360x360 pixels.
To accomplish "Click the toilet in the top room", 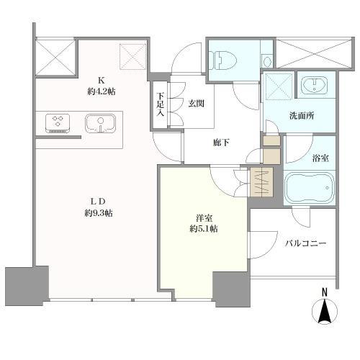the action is click(x=222, y=60).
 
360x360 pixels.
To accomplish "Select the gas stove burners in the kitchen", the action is click(x=58, y=123).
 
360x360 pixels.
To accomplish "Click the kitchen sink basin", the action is click(x=100, y=123).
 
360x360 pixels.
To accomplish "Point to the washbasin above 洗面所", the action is click(x=314, y=85).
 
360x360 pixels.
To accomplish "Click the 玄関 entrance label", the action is click(x=196, y=104).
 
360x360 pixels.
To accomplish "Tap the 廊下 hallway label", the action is click(x=221, y=143).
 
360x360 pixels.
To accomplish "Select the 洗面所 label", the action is click(x=302, y=116).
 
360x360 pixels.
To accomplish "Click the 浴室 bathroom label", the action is click(x=320, y=158).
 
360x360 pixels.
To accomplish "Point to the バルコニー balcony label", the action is click(x=306, y=243).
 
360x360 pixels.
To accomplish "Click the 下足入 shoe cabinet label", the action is click(x=161, y=104).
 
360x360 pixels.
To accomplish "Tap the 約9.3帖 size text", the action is click(x=99, y=213).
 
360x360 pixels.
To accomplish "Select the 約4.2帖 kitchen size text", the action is click(x=101, y=91).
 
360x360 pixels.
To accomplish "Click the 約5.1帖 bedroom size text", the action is click(x=204, y=229).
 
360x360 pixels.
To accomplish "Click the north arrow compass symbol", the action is click(x=325, y=312).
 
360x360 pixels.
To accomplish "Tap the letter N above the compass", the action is click(x=325, y=292).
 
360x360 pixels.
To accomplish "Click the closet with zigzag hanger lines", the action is click(x=261, y=182).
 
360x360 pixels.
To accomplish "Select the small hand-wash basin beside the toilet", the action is click(x=266, y=61).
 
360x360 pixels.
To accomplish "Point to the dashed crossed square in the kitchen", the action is click(x=133, y=57).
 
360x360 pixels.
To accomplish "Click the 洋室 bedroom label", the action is click(x=204, y=218).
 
